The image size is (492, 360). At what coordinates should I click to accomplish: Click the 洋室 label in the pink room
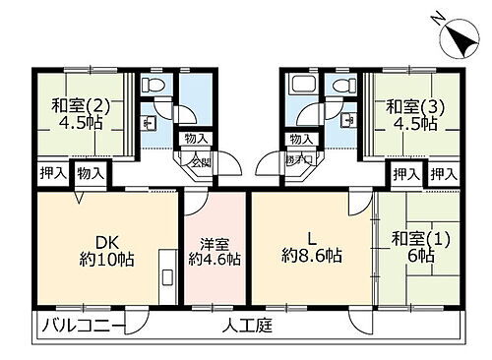[214, 243]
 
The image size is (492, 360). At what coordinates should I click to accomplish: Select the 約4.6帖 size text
[214, 261]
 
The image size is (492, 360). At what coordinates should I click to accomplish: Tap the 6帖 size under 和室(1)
[424, 255]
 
